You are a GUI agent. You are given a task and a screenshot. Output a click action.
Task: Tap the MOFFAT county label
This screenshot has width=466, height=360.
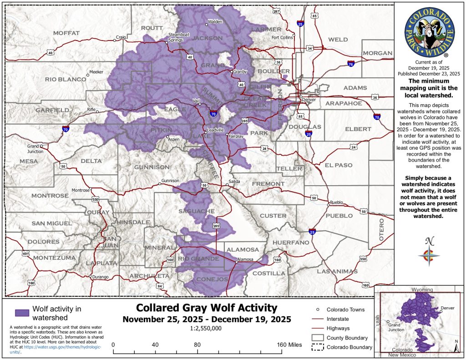tap(66, 33)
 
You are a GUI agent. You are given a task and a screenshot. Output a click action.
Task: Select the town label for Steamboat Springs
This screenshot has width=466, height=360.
tap(176, 37)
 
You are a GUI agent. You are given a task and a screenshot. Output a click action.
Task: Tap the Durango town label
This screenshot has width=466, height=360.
tap(100, 277)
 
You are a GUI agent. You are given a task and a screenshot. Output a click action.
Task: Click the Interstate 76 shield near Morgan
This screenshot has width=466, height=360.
tap(350, 64)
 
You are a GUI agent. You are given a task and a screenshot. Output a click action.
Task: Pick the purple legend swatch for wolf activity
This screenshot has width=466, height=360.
tap(21, 313)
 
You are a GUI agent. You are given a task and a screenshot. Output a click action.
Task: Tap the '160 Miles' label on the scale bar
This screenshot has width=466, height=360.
tap(289, 345)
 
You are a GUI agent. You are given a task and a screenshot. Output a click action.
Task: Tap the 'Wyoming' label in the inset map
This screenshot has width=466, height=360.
tap(422, 290)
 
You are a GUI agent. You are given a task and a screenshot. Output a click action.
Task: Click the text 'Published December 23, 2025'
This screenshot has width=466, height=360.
tap(429, 73)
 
